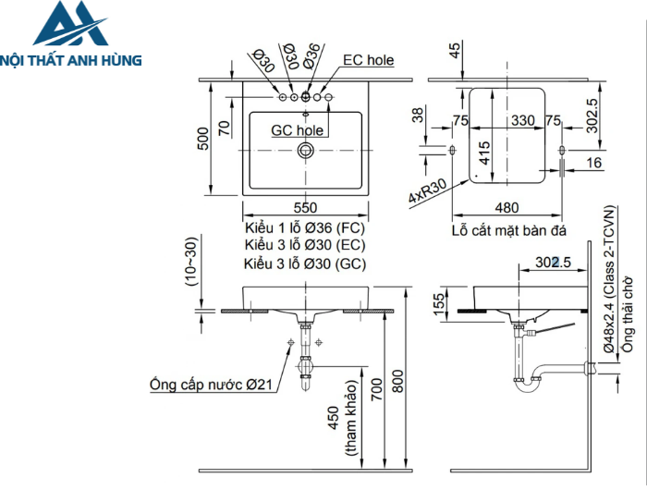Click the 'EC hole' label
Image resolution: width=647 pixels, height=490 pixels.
[368, 60]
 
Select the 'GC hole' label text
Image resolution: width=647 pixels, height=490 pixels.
[297, 130]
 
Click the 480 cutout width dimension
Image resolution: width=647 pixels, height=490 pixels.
[507, 208]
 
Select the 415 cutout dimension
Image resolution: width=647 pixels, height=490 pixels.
[485, 150]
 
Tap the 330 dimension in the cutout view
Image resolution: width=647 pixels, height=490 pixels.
[523, 120]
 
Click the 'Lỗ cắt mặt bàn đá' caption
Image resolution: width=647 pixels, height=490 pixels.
[508, 229]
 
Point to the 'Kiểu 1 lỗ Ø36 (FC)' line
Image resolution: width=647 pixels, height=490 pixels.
[306, 227]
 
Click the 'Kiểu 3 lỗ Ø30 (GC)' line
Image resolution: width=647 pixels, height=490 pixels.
[306, 263]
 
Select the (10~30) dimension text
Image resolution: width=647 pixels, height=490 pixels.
[191, 264]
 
